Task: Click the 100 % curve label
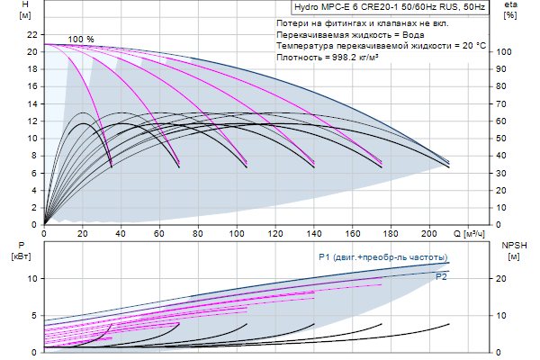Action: [80, 40]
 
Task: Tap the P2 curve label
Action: [441, 277]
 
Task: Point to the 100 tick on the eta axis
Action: [505, 52]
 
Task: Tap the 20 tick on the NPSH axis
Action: [505, 278]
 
